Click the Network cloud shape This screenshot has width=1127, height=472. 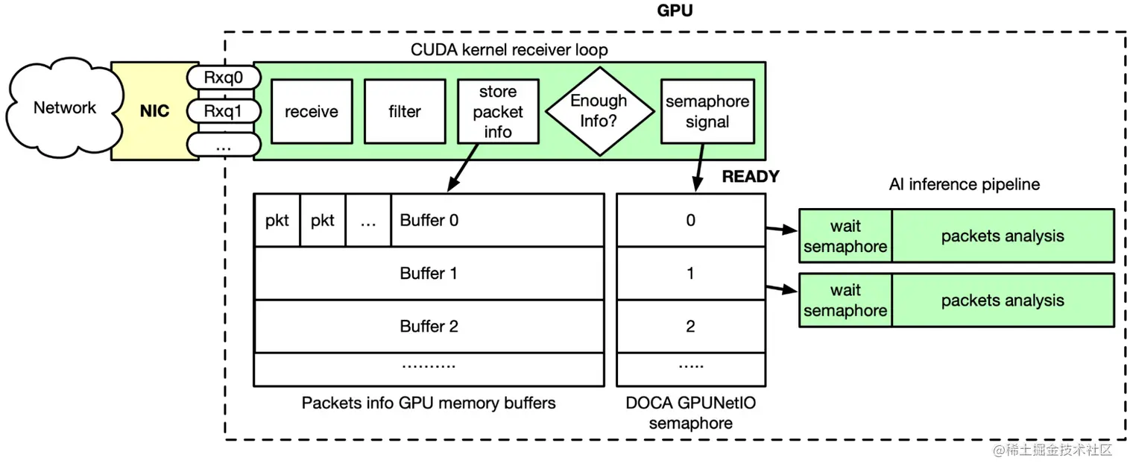pos(64,109)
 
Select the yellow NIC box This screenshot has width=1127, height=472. pos(154,111)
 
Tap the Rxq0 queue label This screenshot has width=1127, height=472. pos(223,77)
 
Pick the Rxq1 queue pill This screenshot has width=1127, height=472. pos(223,111)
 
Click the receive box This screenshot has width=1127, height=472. pos(312,112)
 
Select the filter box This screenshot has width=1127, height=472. pos(405,112)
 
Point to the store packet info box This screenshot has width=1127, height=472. pos(497,112)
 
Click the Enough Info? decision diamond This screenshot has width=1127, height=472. pos(599,110)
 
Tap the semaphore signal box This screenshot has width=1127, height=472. pos(707,112)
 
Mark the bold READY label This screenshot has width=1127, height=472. pos(750,177)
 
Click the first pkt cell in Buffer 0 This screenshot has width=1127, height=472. pos(277,220)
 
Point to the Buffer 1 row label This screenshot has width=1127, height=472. pos(429,273)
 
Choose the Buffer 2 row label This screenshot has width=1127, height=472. pos(429,326)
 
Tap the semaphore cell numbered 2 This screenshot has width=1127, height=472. pos(690,326)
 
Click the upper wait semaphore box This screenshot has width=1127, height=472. pos(845,236)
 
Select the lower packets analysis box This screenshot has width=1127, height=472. pos(1002,300)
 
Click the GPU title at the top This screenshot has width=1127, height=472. pos(675,10)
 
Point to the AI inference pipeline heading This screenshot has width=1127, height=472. pos(964,184)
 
